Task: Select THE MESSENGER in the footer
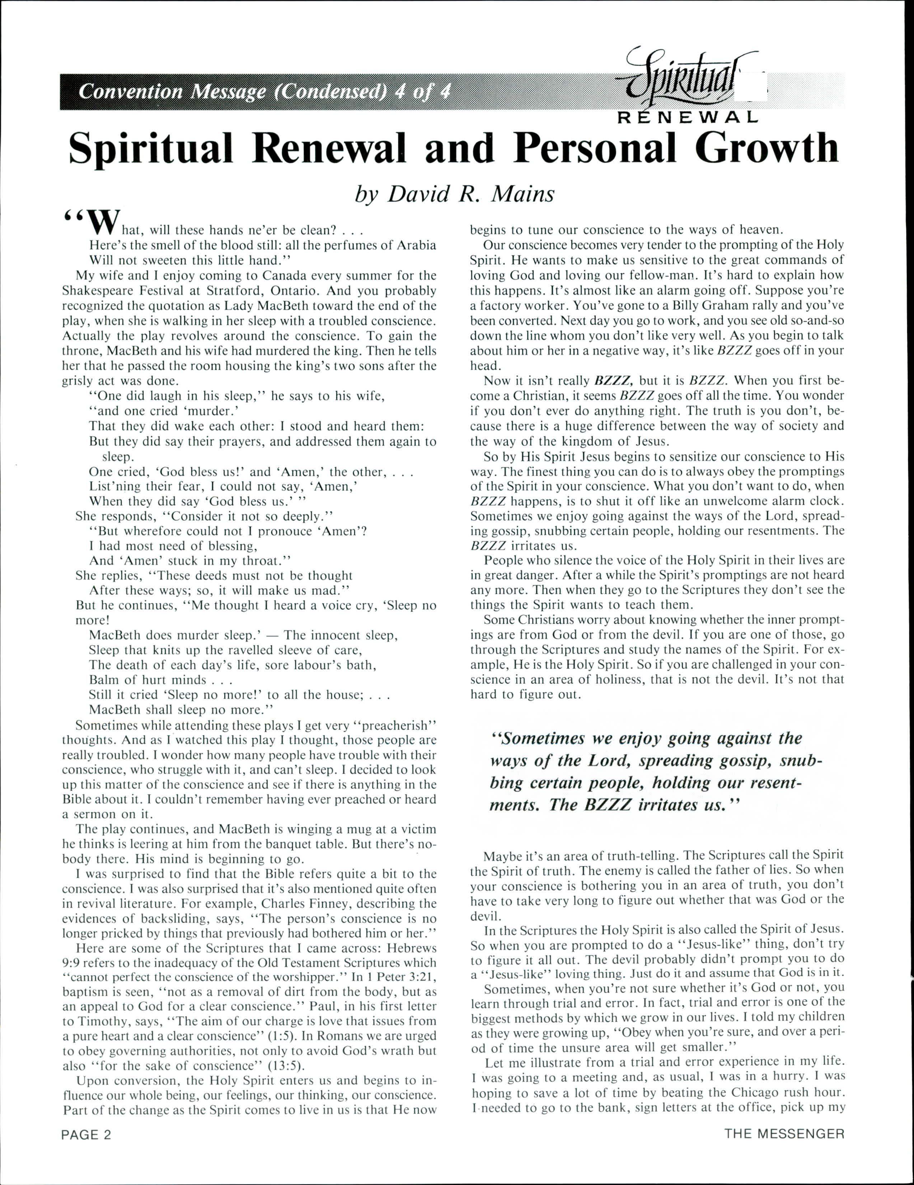coord(784,1134)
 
